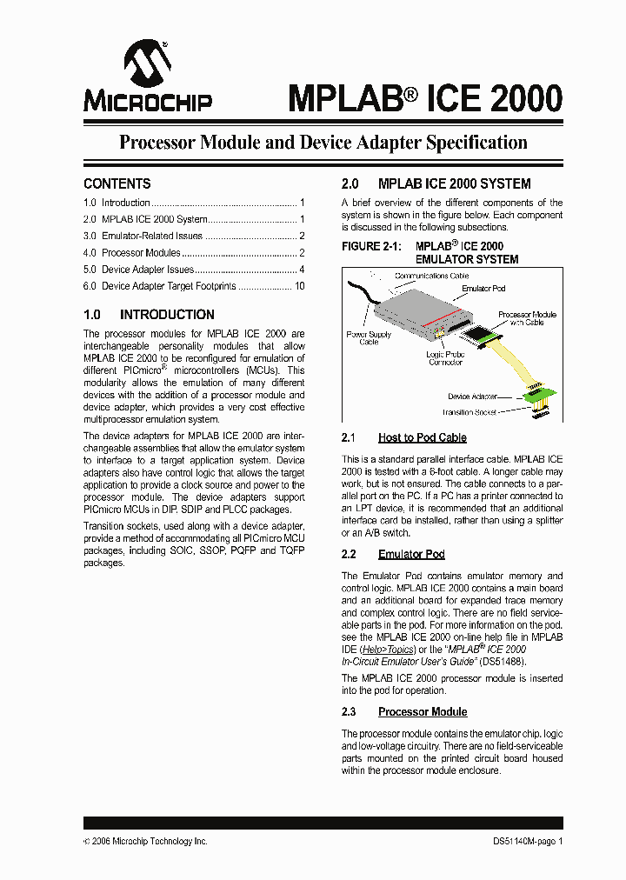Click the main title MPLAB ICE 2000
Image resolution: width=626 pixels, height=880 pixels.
pos(424,97)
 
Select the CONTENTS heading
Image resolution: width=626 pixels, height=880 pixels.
pos(117,183)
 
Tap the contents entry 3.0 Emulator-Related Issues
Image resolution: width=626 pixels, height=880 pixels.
pos(152,236)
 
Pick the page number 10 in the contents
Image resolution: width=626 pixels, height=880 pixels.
pos(299,286)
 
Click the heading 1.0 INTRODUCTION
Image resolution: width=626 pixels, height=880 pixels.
pos(149,315)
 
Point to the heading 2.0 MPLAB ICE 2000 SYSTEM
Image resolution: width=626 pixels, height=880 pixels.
pos(436,183)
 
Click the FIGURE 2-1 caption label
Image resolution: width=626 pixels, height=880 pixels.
pos(374,247)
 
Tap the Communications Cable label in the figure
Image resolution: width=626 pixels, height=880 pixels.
pos(431,277)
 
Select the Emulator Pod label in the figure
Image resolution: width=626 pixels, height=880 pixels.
pos(483,288)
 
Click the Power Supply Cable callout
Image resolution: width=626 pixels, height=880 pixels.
pos(369,337)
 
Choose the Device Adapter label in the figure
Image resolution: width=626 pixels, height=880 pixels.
pos(472,397)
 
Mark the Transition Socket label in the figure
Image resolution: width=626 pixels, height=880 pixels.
pos(469,412)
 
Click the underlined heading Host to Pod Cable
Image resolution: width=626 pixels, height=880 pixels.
pos(422,437)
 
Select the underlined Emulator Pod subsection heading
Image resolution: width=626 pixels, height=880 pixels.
pos(411,554)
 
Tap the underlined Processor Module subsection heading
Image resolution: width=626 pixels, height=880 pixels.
pos(423,712)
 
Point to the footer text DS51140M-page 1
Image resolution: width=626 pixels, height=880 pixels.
pos(522,841)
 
